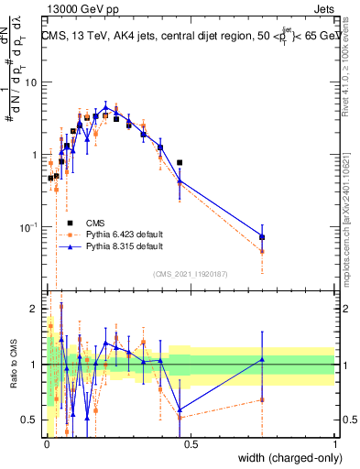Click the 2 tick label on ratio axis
[35, 309]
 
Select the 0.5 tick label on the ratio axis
[30, 420]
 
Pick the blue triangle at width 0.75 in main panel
[262, 236]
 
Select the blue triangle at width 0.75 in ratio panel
[262, 359]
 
